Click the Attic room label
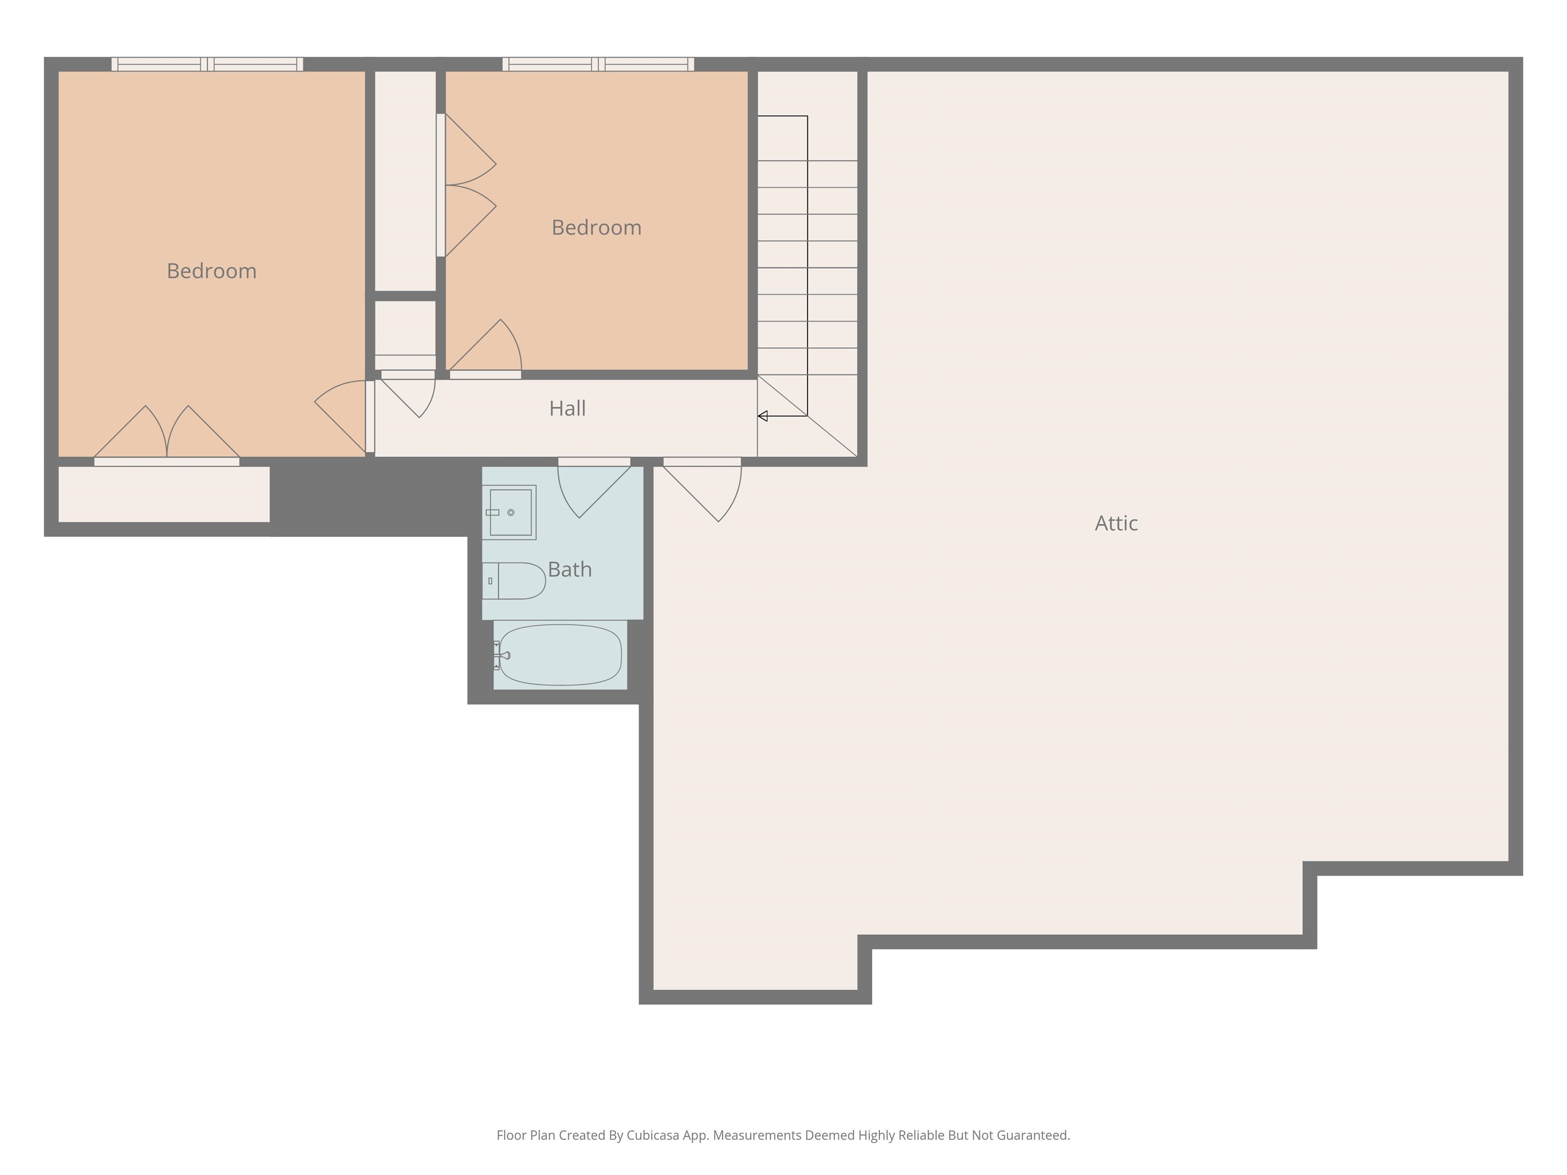tap(1117, 523)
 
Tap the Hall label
tap(567, 408)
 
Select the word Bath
tap(570, 570)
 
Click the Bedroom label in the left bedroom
tap(212, 271)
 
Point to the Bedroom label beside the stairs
tap(596, 228)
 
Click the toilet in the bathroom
tap(514, 581)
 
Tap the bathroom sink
tap(510, 512)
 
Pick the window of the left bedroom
tap(208, 64)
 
